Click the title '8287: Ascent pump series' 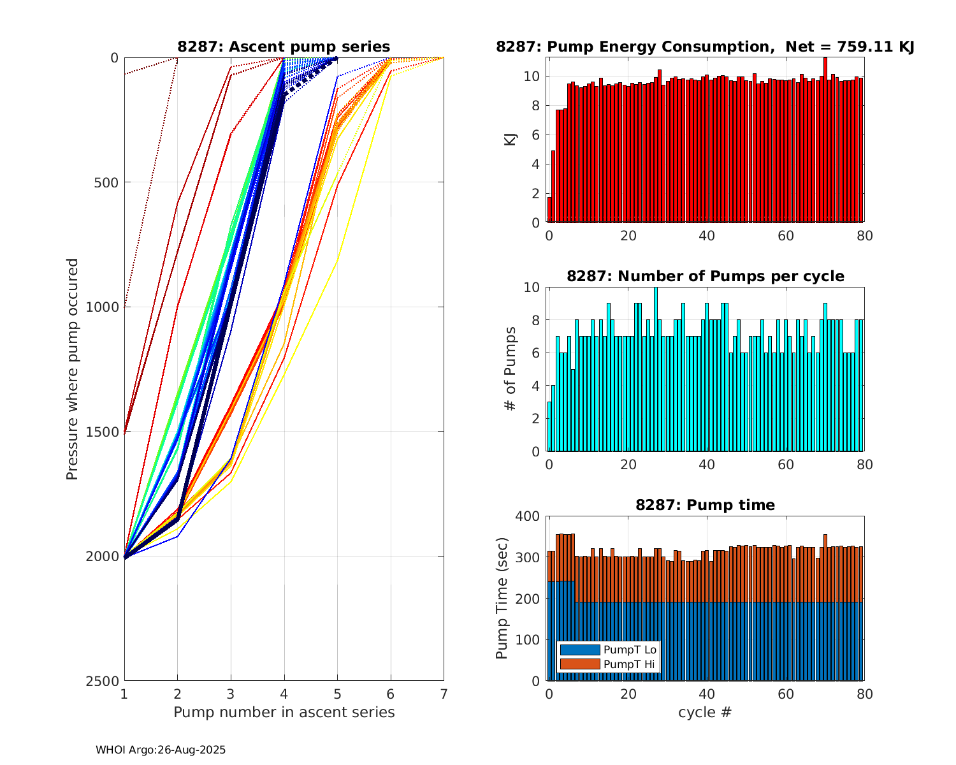point(284,47)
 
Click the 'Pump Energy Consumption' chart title point(705,47)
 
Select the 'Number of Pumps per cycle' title point(705,276)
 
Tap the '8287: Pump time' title point(705,505)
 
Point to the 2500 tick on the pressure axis point(105,681)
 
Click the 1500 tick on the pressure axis point(105,432)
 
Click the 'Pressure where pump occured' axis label point(73,369)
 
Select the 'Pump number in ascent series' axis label point(284,712)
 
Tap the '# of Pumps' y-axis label point(511,368)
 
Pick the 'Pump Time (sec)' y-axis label point(502,598)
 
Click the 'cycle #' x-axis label point(705,712)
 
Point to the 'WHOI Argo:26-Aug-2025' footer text point(161,750)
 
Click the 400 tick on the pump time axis point(530,516)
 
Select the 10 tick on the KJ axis point(533,76)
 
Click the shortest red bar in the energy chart point(549,210)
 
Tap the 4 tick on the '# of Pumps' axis point(536,386)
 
